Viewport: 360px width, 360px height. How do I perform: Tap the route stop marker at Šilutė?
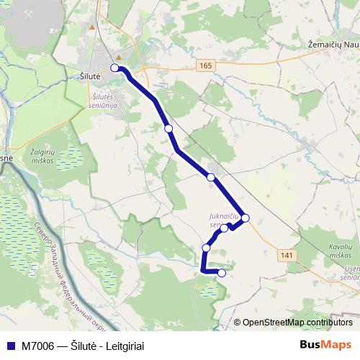[114, 68]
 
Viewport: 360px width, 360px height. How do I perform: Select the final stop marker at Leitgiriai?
[222, 273]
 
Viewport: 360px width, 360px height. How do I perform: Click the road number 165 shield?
[207, 66]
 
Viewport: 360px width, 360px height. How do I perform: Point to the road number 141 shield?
[288, 256]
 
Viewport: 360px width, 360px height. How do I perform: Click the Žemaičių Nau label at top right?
[328, 45]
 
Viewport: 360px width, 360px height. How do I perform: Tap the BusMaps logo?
[326, 345]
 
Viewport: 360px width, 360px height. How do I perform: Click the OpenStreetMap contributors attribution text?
[293, 323]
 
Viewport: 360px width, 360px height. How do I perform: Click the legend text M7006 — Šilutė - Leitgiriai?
[83, 346]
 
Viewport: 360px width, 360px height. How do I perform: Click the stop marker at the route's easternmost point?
[246, 217]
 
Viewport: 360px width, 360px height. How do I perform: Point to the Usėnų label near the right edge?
[351, 268]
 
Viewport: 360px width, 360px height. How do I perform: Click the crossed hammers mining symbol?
[30, 14]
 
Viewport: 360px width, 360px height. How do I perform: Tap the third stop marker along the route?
[211, 176]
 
